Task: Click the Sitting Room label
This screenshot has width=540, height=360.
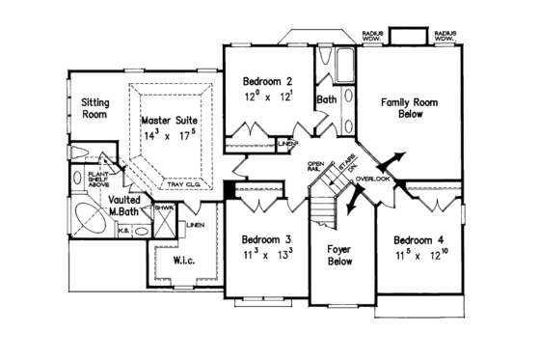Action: pos(94,107)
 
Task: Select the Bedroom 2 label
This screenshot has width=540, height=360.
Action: pos(266,85)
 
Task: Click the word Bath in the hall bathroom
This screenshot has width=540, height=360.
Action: pos(326,98)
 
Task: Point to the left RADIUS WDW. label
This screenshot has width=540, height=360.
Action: pos(374,37)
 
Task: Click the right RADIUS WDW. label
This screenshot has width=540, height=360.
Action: pos(445,37)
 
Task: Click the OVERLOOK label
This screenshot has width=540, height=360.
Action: pos(372,180)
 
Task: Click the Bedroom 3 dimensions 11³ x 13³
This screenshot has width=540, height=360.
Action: pos(266,255)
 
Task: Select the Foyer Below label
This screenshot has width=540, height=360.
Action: pos(338,253)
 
